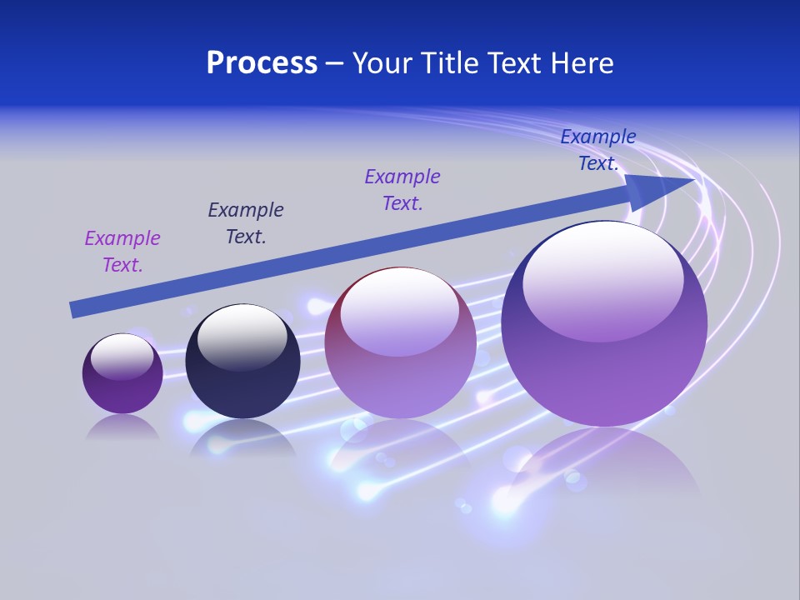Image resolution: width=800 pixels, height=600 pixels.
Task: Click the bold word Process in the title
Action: pyautogui.click(x=262, y=63)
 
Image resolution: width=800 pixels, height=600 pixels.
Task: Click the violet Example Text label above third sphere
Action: pyautogui.click(x=402, y=190)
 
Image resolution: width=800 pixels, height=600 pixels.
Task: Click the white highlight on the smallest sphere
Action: pyautogui.click(x=122, y=355)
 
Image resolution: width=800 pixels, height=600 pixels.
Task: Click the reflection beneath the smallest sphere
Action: pyautogui.click(x=122, y=427)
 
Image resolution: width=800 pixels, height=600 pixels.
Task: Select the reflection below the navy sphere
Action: pyautogui.click(x=242, y=437)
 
